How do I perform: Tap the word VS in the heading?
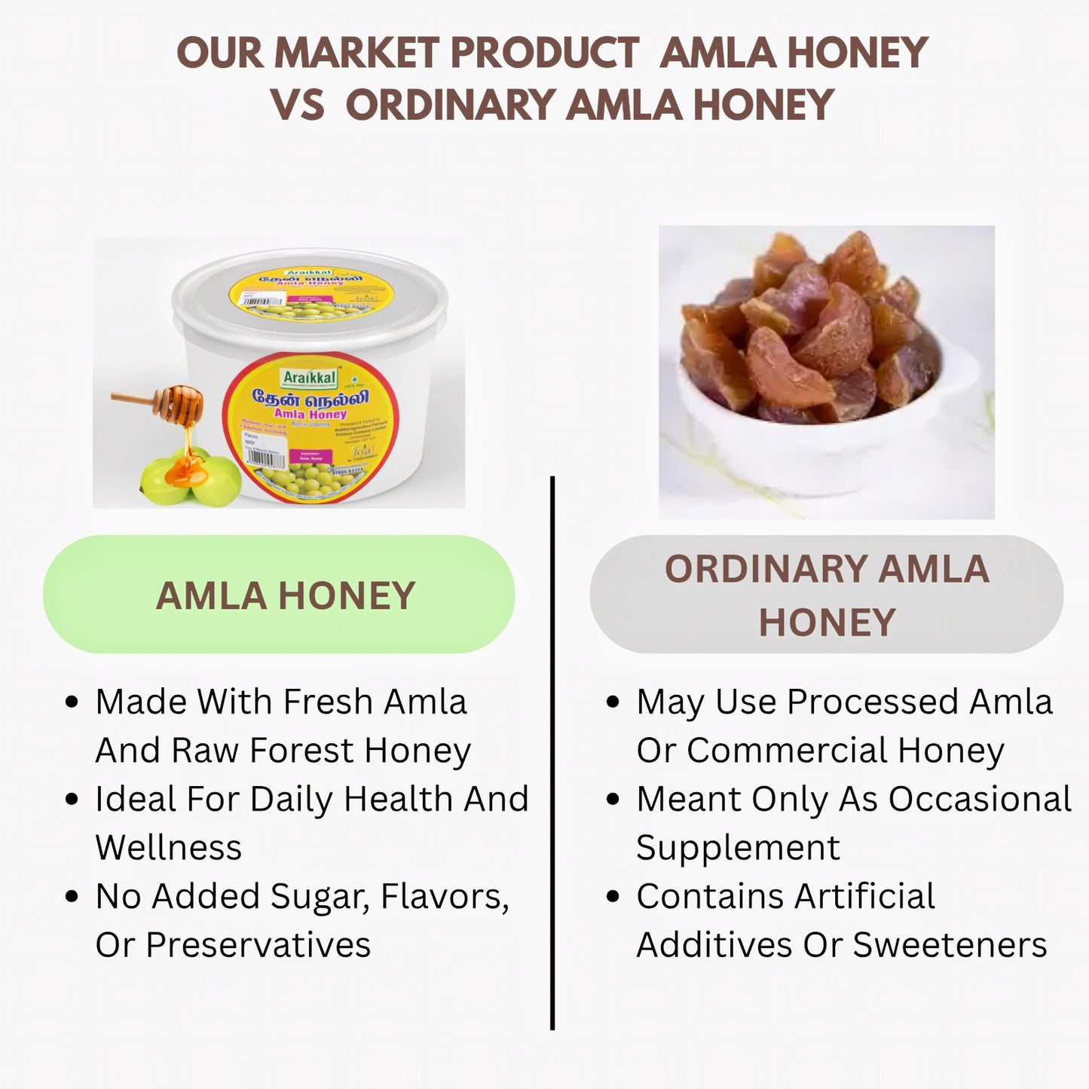[297, 105]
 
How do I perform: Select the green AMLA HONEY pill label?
[279, 595]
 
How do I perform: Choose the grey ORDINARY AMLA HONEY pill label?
[826, 595]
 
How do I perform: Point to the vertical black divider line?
[552, 754]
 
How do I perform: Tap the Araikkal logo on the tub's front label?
[310, 377]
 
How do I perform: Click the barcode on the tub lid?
[263, 301]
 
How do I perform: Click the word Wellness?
[168, 848]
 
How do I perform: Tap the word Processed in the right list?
[872, 702]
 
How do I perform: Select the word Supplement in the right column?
[737, 848]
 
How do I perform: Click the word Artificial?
[864, 897]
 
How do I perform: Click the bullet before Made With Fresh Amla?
[72, 702]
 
